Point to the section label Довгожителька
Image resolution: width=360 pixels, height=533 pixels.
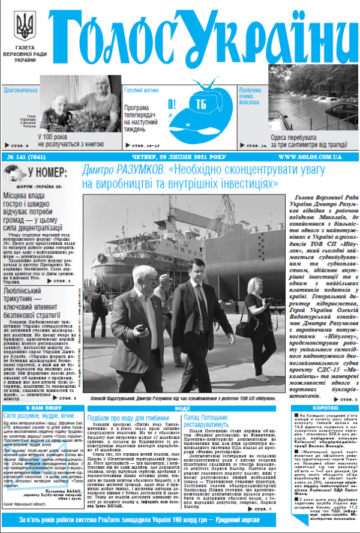click(20, 90)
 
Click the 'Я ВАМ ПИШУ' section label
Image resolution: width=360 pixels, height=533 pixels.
click(41, 407)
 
